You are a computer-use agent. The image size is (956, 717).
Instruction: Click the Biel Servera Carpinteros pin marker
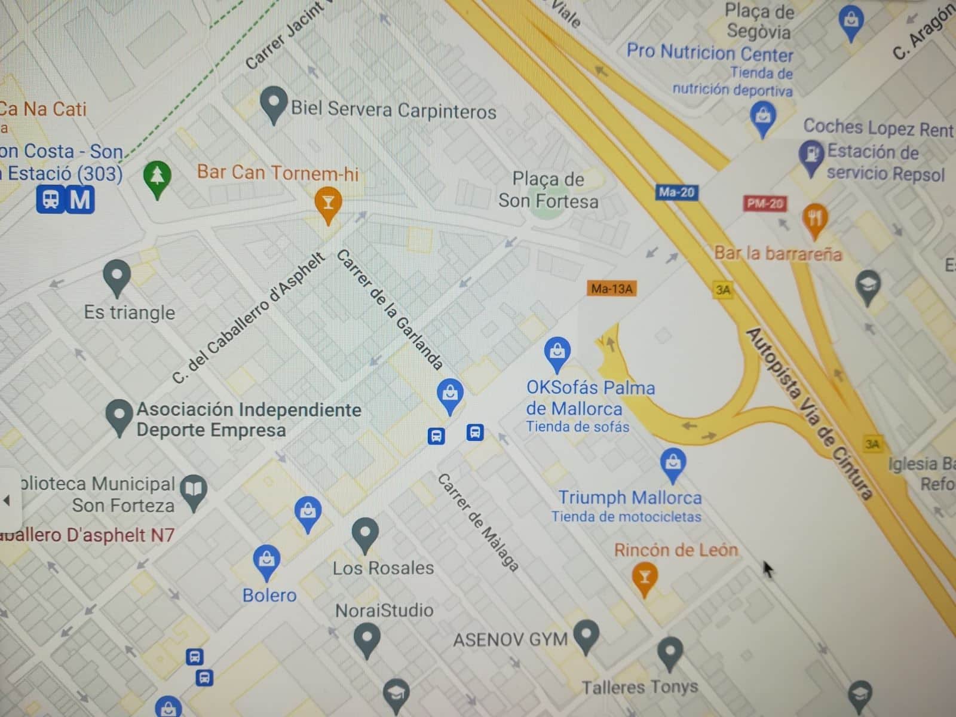pos(274,104)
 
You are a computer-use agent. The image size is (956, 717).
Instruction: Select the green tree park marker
pos(157,177)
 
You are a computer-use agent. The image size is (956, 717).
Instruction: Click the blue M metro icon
pos(80,200)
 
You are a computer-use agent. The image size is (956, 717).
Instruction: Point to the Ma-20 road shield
pos(676,192)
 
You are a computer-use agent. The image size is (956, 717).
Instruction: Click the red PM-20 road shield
pos(764,204)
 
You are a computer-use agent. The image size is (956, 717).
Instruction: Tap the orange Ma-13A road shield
pos(611,289)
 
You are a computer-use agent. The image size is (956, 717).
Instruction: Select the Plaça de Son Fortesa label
pos(548,190)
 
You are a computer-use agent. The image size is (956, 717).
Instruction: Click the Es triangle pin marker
pos(117,275)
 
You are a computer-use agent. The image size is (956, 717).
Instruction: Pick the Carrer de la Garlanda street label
pos(390,310)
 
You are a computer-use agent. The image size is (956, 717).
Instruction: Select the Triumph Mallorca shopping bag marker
pos(673,463)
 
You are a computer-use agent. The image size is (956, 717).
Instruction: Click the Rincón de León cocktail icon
pos(644,578)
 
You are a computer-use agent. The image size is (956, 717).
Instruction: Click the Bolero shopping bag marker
pos(266,560)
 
